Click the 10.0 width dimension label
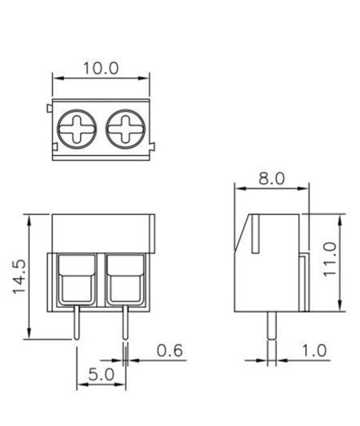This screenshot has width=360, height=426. coord(101,68)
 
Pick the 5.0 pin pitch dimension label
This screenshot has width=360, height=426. coord(101,373)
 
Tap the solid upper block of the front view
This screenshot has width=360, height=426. coord(102,233)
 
